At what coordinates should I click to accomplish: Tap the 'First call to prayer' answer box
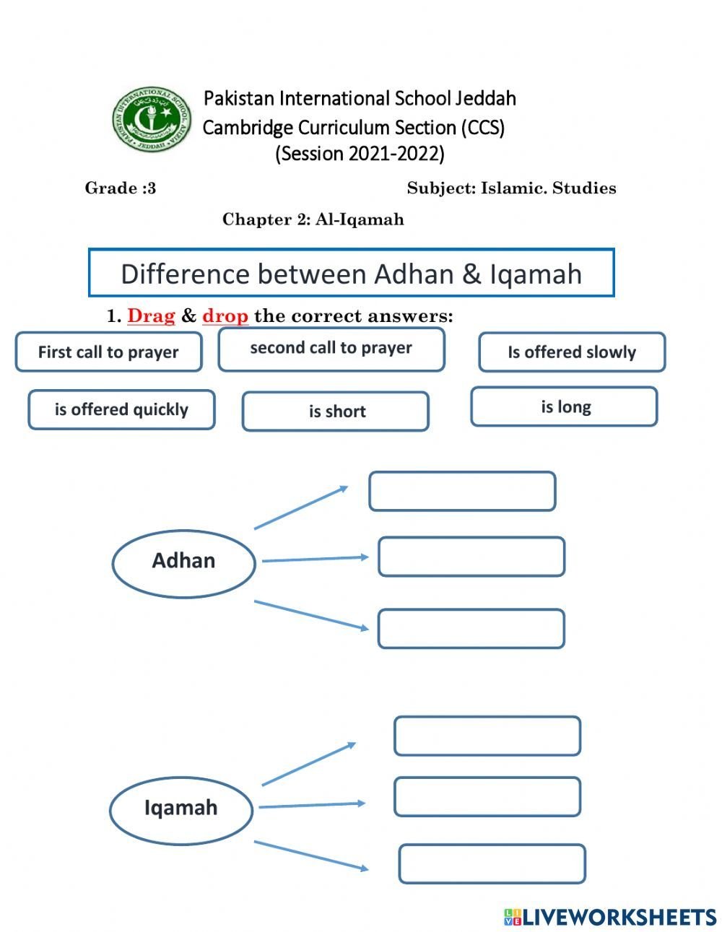[x=108, y=352]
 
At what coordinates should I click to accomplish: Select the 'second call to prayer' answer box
[x=331, y=349]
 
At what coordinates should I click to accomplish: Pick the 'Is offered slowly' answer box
[x=572, y=352]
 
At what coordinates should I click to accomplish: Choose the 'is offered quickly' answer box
[x=121, y=410]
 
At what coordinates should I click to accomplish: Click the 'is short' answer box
[x=336, y=411]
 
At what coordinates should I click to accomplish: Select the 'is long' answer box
[x=564, y=407]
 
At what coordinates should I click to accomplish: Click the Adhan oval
[x=183, y=562]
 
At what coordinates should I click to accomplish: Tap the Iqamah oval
[x=180, y=809]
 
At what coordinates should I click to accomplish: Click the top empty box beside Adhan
[x=462, y=492]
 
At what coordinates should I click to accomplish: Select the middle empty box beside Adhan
[x=471, y=557]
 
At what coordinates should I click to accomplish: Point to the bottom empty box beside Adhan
[x=471, y=629]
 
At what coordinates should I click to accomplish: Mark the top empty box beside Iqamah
[x=487, y=736]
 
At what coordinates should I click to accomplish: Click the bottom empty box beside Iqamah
[x=492, y=864]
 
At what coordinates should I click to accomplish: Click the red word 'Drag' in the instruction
[x=151, y=316]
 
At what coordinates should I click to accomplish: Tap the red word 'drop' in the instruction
[x=225, y=316]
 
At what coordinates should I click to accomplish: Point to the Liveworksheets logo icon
[x=512, y=917]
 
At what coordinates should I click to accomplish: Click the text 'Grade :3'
[x=121, y=188]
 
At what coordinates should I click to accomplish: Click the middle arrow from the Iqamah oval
[x=311, y=804]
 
